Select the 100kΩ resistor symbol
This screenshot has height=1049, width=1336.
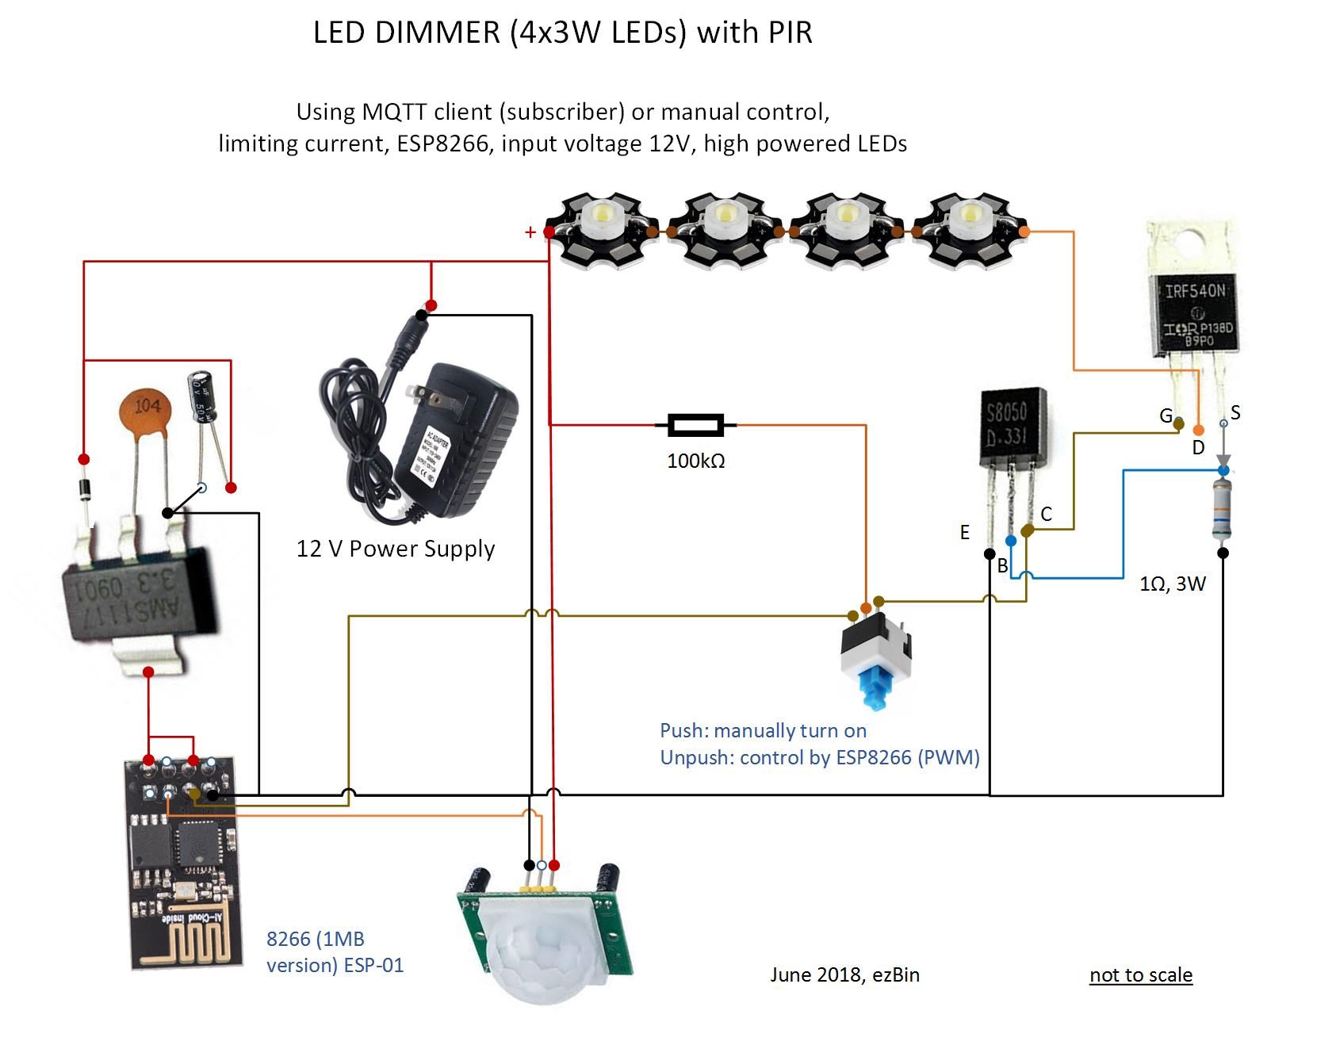coord(695,425)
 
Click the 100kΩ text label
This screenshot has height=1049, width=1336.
coord(695,461)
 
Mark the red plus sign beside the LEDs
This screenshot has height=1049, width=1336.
coord(530,232)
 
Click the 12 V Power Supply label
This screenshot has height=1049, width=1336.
coord(395,549)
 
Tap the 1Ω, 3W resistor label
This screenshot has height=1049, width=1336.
coord(1172,584)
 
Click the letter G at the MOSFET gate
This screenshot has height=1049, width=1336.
coord(1166,415)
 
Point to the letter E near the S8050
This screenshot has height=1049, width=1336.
coord(964,532)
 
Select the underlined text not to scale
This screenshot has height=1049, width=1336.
coord(1140,974)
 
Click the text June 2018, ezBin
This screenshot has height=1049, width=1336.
coord(844,974)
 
